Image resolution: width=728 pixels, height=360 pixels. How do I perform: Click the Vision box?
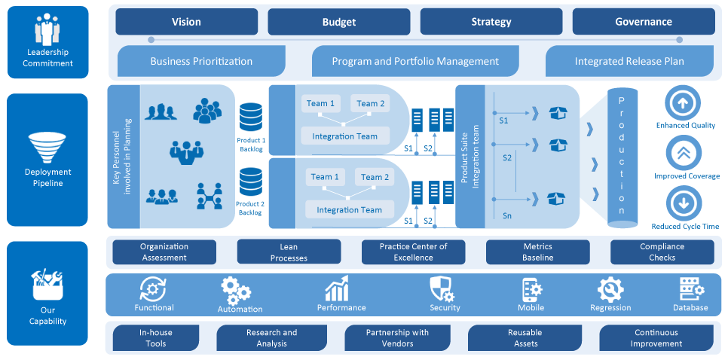click(186, 22)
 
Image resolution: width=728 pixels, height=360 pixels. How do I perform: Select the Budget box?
click(339, 22)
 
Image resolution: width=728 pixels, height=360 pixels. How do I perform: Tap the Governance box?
click(643, 22)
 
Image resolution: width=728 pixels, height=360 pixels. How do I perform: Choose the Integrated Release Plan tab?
click(629, 61)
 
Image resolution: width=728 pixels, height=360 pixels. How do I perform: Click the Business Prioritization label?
click(201, 61)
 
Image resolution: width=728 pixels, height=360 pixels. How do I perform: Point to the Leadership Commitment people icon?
click(47, 29)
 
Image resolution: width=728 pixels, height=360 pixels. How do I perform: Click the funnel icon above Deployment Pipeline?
click(47, 148)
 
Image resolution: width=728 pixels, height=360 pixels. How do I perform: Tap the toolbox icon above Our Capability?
click(47, 284)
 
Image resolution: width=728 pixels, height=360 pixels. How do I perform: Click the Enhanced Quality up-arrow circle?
click(684, 102)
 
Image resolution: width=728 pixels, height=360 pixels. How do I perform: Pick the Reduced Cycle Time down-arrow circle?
click(684, 203)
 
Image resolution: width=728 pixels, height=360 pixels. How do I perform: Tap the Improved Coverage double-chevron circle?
click(684, 153)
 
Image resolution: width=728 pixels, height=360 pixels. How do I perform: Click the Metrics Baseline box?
click(537, 252)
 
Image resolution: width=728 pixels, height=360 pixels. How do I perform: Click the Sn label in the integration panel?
click(508, 215)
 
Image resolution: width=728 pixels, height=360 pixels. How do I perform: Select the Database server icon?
click(691, 289)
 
